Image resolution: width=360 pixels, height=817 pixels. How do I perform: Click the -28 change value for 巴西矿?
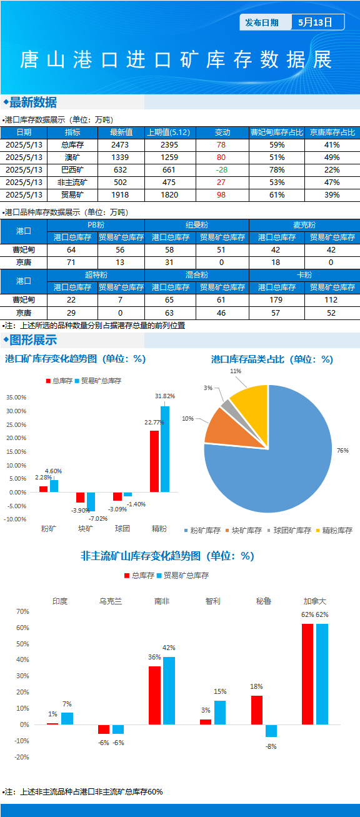221,170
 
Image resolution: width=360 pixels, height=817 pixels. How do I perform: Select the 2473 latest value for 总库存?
120,145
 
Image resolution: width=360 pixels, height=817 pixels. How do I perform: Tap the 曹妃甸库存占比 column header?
277,133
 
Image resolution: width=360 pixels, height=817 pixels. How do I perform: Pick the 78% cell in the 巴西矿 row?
277,170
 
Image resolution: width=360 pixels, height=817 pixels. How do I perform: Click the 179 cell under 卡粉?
276,300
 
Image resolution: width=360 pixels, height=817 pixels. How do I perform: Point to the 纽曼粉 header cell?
197,225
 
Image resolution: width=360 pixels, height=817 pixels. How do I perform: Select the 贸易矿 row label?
72,195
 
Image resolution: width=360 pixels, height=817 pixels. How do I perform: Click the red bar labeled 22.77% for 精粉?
154,461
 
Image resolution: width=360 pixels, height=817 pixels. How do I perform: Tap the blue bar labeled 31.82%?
165,449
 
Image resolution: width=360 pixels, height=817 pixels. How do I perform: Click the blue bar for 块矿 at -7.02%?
91,501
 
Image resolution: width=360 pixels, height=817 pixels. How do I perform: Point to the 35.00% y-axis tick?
16,397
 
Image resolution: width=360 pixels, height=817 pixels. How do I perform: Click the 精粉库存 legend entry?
334,530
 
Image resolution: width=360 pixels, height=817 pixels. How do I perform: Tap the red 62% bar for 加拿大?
307,674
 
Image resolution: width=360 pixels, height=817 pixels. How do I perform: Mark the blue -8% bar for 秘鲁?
271,731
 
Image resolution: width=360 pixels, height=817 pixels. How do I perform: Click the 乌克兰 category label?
111,601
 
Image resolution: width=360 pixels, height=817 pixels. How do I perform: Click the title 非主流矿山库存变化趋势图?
141,556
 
